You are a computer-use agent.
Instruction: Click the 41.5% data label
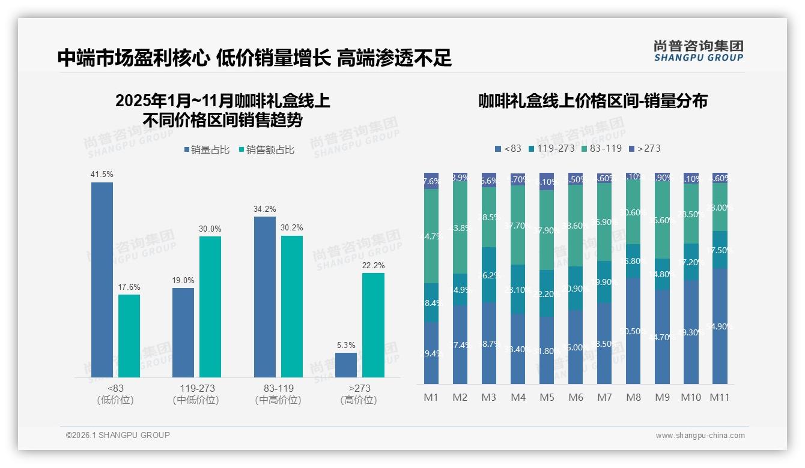(x=102, y=175)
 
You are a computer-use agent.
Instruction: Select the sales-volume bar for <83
(x=102, y=280)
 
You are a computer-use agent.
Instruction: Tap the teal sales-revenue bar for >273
(x=373, y=325)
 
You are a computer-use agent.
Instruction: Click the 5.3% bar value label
(x=346, y=345)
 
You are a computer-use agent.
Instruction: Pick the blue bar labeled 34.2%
(x=265, y=297)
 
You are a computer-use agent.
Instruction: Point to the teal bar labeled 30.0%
(x=210, y=307)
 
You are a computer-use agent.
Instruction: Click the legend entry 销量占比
(x=206, y=150)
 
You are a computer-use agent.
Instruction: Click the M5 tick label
(x=547, y=397)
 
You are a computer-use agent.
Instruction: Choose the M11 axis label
(x=719, y=397)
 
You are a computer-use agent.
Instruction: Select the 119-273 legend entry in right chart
(x=551, y=148)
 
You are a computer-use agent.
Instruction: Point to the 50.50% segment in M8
(x=633, y=331)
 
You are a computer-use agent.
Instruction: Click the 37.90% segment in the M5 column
(x=547, y=230)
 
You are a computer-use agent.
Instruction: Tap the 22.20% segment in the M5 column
(x=547, y=293)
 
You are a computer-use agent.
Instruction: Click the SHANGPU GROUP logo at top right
(x=698, y=51)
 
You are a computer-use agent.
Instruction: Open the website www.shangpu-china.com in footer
(x=700, y=436)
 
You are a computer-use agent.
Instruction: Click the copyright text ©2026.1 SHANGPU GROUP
(x=118, y=435)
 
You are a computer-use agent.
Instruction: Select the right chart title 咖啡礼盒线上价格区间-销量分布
(x=592, y=101)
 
